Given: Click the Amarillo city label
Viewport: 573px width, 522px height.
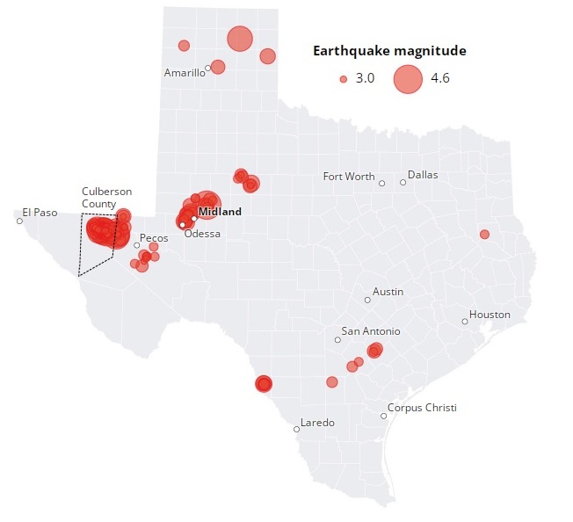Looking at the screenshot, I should click(x=184, y=73).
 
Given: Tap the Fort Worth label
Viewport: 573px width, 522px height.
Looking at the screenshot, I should click(x=348, y=177).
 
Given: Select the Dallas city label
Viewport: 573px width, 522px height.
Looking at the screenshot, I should click(x=422, y=175).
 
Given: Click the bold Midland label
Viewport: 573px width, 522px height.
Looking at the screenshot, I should click(x=220, y=212).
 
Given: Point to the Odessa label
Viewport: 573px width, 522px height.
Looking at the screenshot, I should click(x=202, y=234).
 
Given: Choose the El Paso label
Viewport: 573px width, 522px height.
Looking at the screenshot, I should click(x=39, y=212).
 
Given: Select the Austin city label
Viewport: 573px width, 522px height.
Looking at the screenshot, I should click(x=388, y=291).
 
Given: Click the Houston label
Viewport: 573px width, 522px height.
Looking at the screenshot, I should click(x=490, y=315).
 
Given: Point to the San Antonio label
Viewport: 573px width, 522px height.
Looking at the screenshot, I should click(x=370, y=331).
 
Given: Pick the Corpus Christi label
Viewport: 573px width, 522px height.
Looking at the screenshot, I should click(x=422, y=408).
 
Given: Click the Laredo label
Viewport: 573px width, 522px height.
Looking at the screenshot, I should click(x=317, y=423).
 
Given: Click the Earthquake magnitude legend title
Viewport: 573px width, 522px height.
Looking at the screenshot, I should click(x=389, y=51).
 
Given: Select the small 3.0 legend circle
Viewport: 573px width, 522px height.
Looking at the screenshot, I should click(x=344, y=79).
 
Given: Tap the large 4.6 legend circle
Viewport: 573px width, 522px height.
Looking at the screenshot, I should click(x=409, y=79).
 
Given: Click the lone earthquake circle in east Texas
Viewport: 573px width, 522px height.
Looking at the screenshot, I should click(x=484, y=234).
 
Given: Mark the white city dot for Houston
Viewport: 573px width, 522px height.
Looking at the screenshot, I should click(x=465, y=322).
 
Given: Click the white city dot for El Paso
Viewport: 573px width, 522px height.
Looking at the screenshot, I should click(x=19, y=221).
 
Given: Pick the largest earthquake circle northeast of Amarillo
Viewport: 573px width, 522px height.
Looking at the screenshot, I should click(x=239, y=39).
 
